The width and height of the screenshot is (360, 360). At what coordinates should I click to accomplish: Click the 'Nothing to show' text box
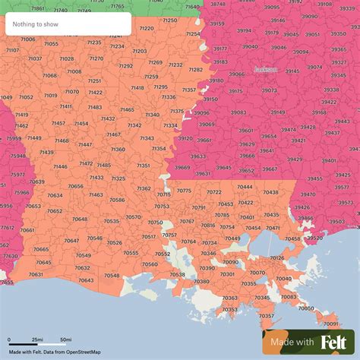68,24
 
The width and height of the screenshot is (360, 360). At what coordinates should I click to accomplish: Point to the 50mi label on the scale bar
66,339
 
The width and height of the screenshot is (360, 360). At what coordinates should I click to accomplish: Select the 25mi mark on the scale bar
36,339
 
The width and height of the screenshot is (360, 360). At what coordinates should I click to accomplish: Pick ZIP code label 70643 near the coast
87,280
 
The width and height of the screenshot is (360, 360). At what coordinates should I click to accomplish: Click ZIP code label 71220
146,28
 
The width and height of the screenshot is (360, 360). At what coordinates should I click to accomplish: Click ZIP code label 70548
112,275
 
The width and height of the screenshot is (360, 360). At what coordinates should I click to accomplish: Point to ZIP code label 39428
307,128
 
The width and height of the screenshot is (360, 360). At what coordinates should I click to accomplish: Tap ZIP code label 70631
36,274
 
